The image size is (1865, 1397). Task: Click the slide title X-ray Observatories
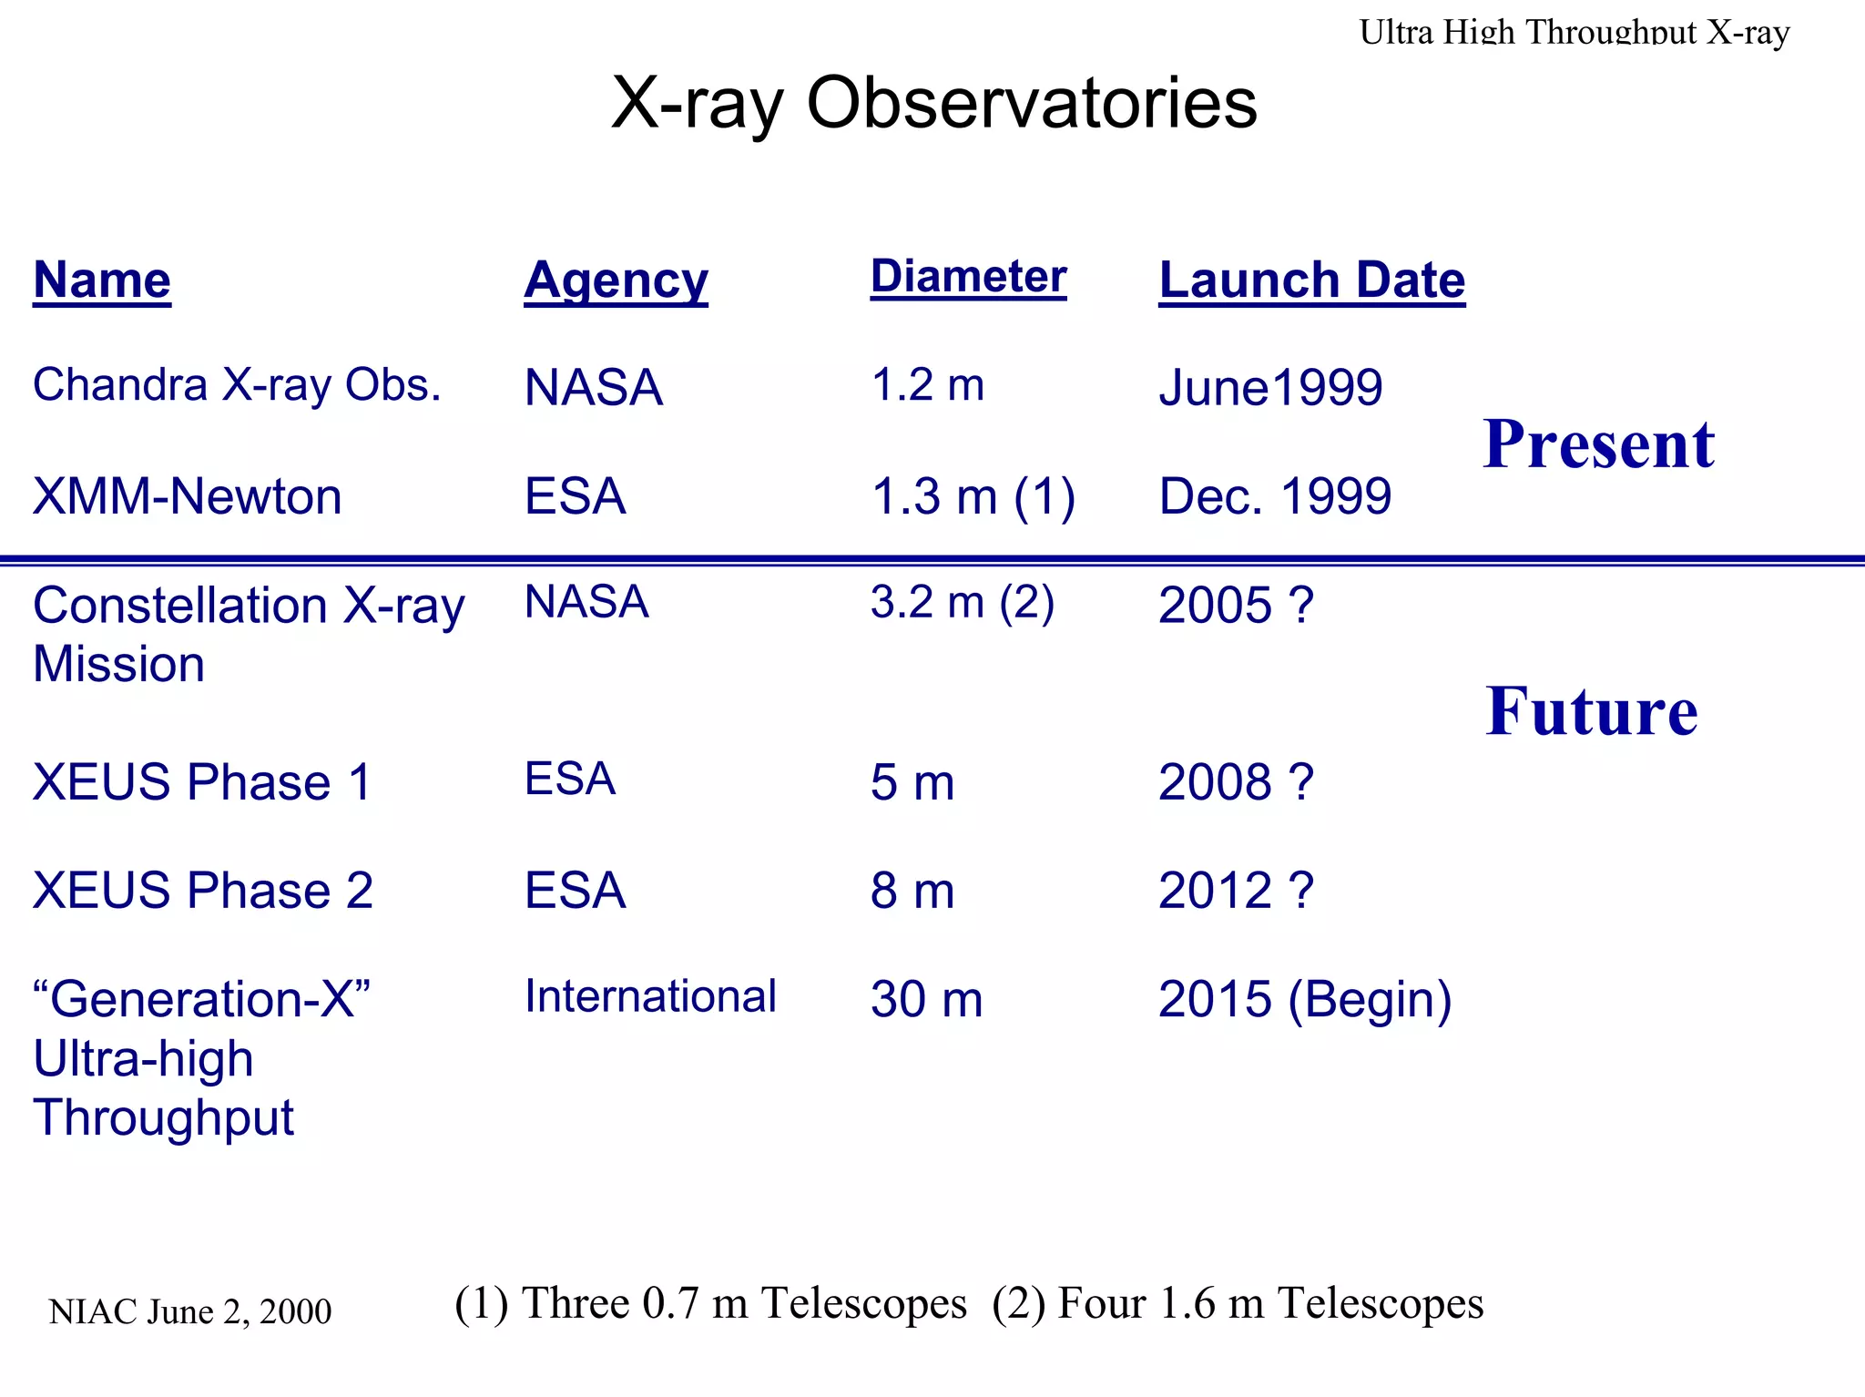[933, 102]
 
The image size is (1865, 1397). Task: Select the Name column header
[102, 280]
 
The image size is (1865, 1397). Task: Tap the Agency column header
[616, 280]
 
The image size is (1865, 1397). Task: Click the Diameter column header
[968, 276]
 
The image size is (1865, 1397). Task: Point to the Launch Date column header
[1311, 280]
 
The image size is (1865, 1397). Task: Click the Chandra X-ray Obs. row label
[237, 385]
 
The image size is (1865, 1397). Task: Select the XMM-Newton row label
[188, 497]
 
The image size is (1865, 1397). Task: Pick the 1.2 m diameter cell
[928, 385]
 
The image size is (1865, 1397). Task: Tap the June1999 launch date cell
[1270, 388]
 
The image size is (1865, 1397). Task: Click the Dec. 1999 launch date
[1275, 497]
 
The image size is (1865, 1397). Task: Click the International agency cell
[650, 996]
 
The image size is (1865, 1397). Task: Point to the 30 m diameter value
[926, 1000]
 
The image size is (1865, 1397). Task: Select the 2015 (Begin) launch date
[1304, 1000]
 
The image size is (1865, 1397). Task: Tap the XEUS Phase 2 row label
[203, 891]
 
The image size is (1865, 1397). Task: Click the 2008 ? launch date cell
[1236, 782]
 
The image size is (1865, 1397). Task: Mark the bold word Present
[1598, 445]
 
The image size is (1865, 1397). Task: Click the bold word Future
[1591, 711]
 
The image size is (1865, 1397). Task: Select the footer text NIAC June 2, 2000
[189, 1312]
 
